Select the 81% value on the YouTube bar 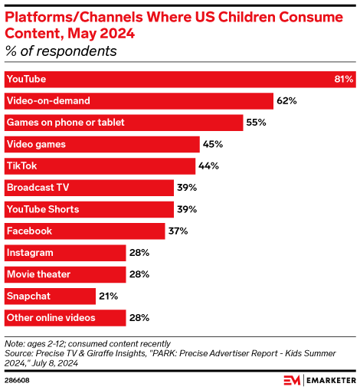click(x=344, y=79)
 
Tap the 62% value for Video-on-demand click(x=287, y=100)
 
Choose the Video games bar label click(x=36, y=144)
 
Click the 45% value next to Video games click(x=211, y=144)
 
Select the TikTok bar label click(x=21, y=166)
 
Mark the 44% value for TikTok click(x=209, y=166)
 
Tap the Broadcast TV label click(x=38, y=187)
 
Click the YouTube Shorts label click(x=42, y=208)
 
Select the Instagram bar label click(x=29, y=252)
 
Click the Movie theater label click(x=38, y=274)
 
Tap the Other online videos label click(x=51, y=317)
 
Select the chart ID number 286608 click(x=18, y=380)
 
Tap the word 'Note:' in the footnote click(x=15, y=342)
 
